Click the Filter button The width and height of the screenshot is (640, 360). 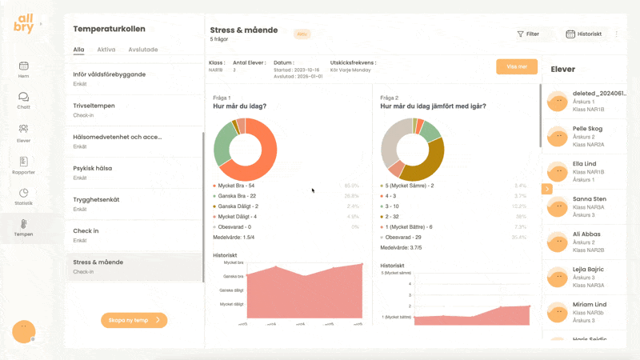tap(527, 34)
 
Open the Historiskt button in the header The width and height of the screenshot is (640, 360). tap(583, 34)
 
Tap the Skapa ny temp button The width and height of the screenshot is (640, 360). tap(134, 320)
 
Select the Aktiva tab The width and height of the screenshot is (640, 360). tap(106, 50)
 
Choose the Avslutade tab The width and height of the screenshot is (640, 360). tap(143, 50)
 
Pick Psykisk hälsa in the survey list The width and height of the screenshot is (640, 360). tap(93, 169)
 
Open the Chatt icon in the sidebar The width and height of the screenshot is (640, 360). tap(24, 100)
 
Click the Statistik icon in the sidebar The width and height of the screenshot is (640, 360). tap(24, 196)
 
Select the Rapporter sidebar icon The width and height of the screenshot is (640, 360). tap(24, 165)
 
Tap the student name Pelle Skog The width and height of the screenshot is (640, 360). tap(588, 129)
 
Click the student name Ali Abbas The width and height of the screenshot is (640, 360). tap(586, 234)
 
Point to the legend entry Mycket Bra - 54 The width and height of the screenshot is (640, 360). tap(237, 186)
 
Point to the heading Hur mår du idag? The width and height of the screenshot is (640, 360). tap(240, 106)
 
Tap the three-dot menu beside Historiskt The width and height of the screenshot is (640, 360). tap(616, 34)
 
